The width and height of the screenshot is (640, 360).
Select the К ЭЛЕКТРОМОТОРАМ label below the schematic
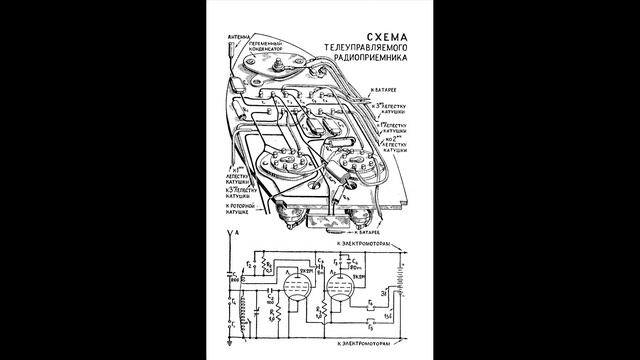[x=370, y=344]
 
